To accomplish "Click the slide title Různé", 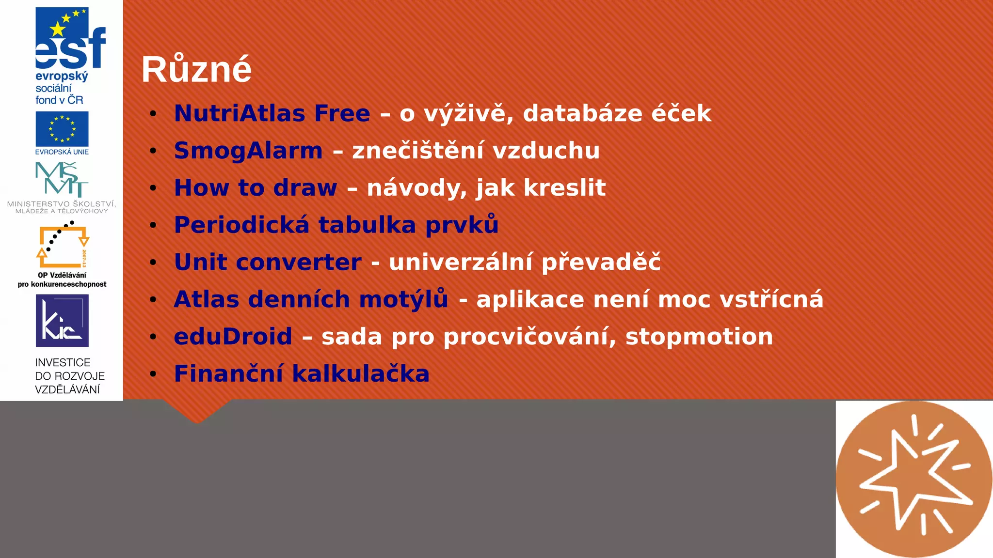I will click(x=196, y=70).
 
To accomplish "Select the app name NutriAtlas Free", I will click(x=272, y=113).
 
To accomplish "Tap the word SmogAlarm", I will click(x=248, y=151).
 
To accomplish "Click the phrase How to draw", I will click(x=256, y=188).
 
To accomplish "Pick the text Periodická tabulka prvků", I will click(x=336, y=225).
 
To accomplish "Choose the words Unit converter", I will click(x=268, y=262).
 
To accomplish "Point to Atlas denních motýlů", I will click(x=311, y=299).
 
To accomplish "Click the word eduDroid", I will click(x=233, y=337).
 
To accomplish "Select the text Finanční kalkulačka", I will click(x=302, y=374).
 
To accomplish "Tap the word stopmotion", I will click(x=699, y=337).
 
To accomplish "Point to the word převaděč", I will click(x=601, y=262).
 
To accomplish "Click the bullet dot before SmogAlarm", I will click(x=153, y=151).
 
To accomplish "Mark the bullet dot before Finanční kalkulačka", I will click(x=153, y=374).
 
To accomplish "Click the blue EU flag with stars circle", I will click(x=62, y=129).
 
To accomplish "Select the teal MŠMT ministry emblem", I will click(x=62, y=179).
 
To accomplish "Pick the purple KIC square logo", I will click(x=62, y=321).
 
